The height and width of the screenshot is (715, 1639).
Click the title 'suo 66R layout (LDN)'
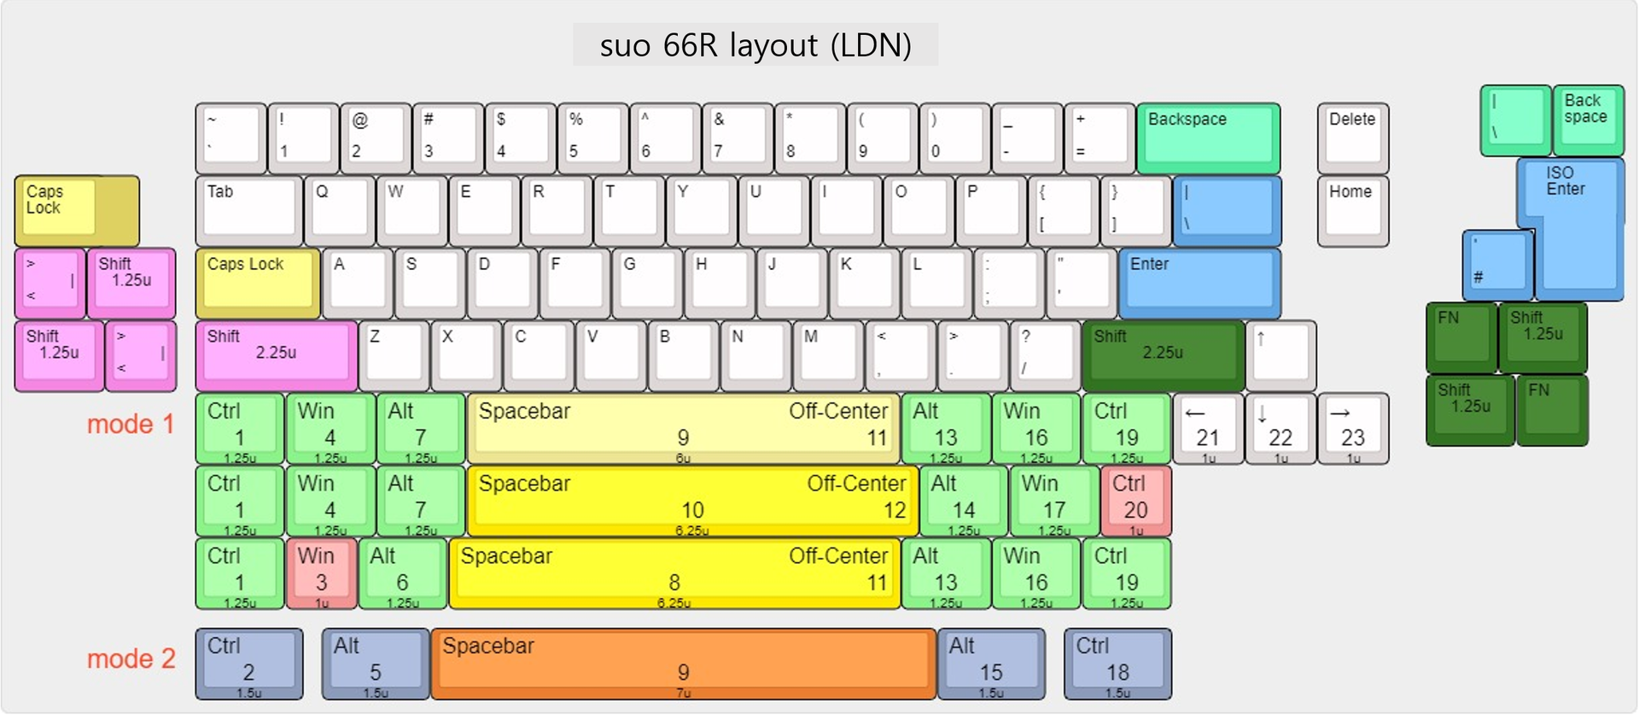pos(755,45)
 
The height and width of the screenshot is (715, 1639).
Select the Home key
pos(1352,210)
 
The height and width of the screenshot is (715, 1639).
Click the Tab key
pos(248,210)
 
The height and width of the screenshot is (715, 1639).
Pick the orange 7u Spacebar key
pos(683,663)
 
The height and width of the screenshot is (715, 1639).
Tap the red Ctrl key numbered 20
pos(1134,501)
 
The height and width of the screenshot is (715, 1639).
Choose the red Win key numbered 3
pos(321,573)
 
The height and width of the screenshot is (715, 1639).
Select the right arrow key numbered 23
pos(1352,428)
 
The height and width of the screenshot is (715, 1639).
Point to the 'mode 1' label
pos(131,424)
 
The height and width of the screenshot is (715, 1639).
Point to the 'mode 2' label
pos(131,659)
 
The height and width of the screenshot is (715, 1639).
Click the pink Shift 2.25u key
pos(276,355)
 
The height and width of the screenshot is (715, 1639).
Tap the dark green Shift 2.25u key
pos(1162,355)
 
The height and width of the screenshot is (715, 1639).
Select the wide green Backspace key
pos(1207,138)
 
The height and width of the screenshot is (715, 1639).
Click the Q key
pos(339,210)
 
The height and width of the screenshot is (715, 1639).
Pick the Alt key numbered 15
pos(990,663)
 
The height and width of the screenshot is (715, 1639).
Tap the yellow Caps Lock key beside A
pos(257,283)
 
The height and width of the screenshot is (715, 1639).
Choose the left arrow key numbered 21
pos(1208,428)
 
